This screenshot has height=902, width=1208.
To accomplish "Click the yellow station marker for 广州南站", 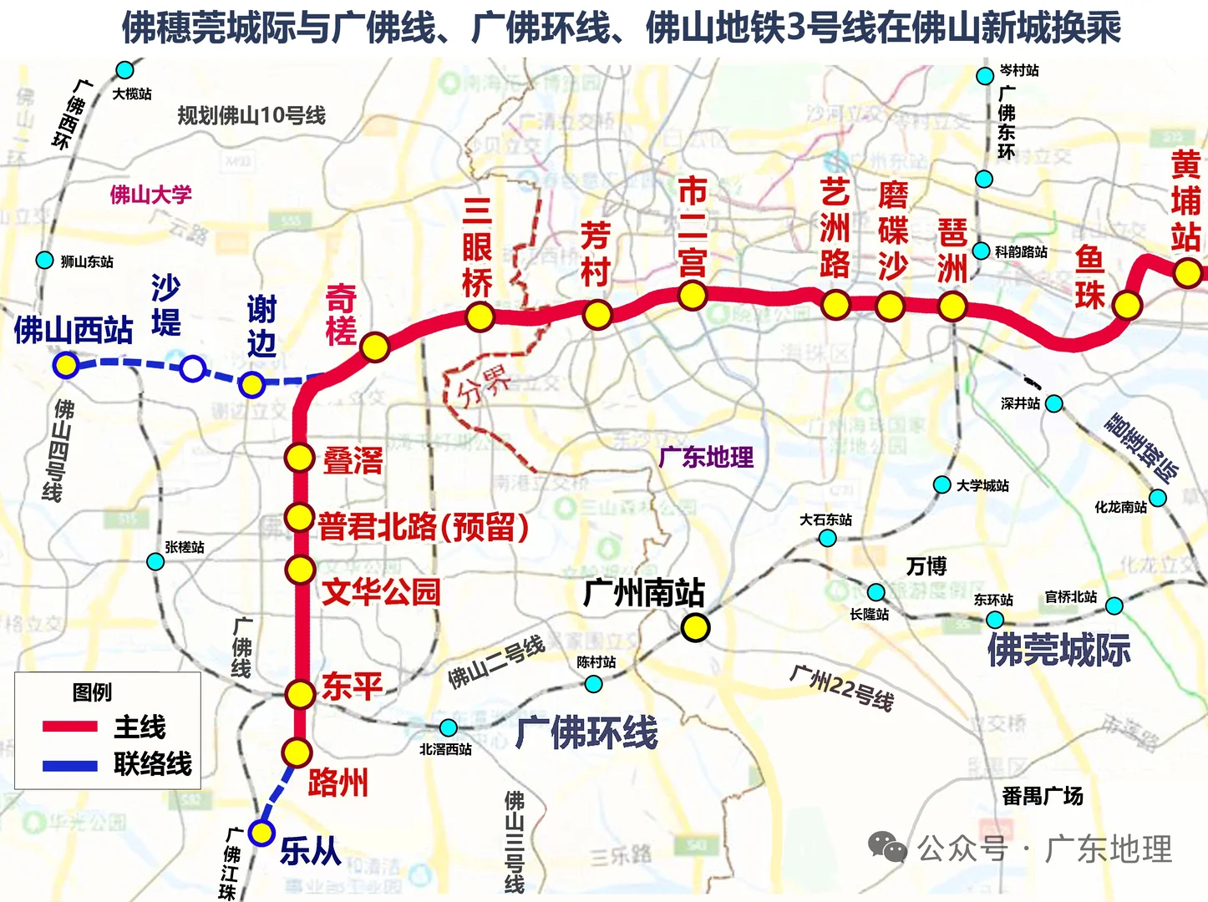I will pos(695,627).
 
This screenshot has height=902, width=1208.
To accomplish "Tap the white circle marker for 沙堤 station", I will pos(192,368).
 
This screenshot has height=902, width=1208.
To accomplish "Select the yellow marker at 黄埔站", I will pos(1187,272).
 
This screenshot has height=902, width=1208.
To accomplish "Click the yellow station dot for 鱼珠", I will pos(1127,305).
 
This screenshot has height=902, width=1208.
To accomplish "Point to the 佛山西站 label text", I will pos(74,331).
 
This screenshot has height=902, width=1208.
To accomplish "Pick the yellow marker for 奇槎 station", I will pos(375,346).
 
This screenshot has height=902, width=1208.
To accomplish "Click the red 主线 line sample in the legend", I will pos(70,727).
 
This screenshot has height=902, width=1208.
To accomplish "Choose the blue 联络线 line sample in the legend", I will pos(70,764).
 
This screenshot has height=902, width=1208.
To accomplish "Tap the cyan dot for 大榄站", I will pos(124,69).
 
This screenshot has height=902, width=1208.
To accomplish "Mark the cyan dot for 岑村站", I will pos(985,76).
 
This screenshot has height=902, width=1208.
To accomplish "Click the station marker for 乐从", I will pos(261,833).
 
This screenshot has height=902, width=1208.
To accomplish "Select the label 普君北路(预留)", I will pos(424,526).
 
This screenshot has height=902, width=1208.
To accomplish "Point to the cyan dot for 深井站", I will pos(1054,404).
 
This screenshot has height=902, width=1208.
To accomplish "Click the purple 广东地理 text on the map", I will pos(706,457).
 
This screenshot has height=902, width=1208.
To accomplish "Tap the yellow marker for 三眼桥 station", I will pos(480,317).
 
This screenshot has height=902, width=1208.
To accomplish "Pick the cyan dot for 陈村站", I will pos(593,684).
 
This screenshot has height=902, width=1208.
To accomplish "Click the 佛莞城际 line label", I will pos(1058,650).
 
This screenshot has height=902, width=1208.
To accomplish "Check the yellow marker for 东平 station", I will pos(299,693).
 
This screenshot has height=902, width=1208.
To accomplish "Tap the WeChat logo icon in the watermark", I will pos(887,848).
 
